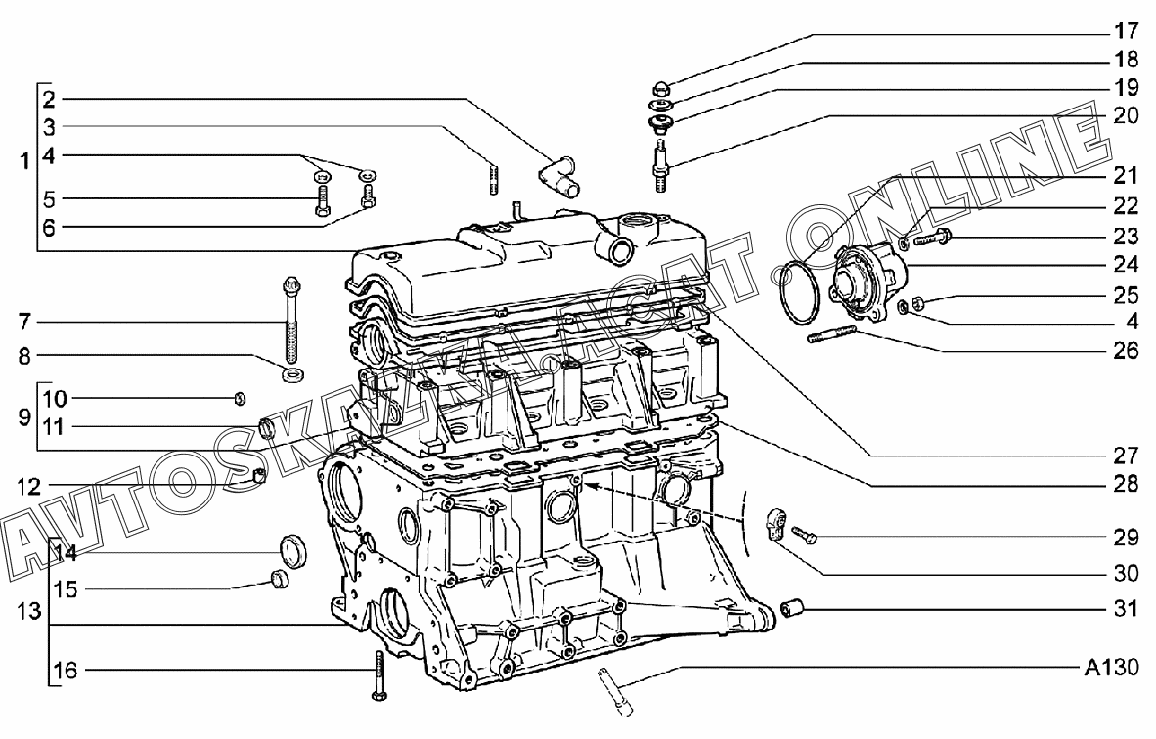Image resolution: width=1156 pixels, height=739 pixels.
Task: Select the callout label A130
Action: tap(1112, 669)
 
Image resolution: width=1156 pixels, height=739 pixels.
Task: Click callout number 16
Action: tap(65, 670)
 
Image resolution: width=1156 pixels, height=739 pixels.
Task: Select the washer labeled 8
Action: tap(292, 374)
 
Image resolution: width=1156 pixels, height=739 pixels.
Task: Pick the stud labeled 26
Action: tap(831, 338)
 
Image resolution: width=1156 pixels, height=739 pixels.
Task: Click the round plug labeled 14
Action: tap(292, 551)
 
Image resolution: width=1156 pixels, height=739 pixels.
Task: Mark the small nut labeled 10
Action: tap(240, 397)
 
